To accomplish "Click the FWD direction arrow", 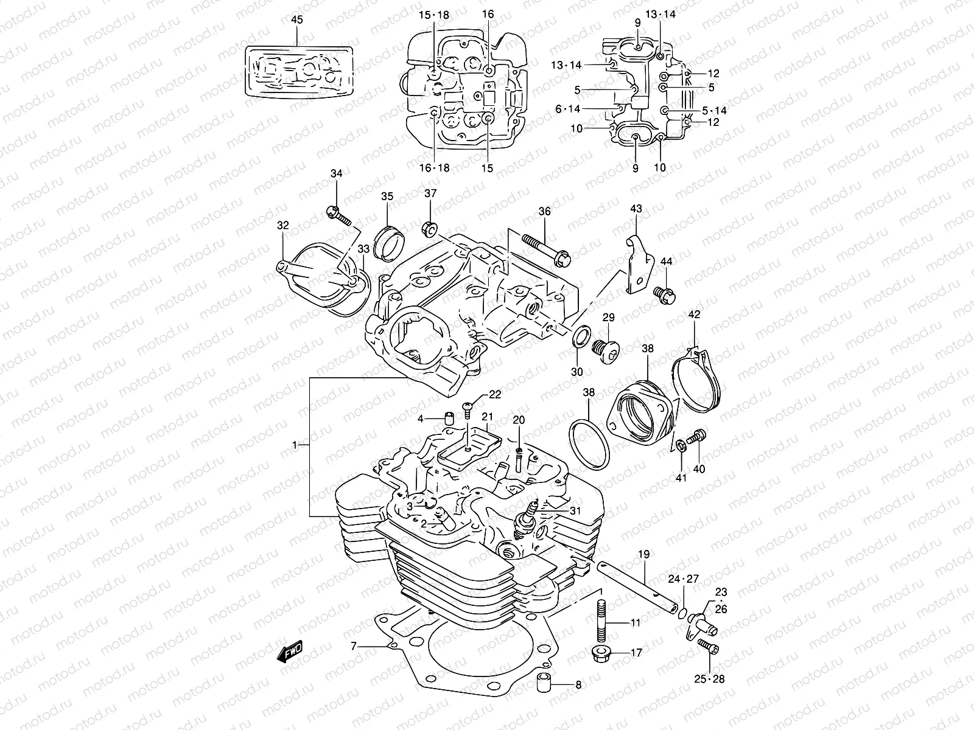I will [x=290, y=652].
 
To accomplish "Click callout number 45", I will [x=296, y=20].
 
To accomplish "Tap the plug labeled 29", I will [x=606, y=351].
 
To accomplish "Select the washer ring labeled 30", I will [x=579, y=336].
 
